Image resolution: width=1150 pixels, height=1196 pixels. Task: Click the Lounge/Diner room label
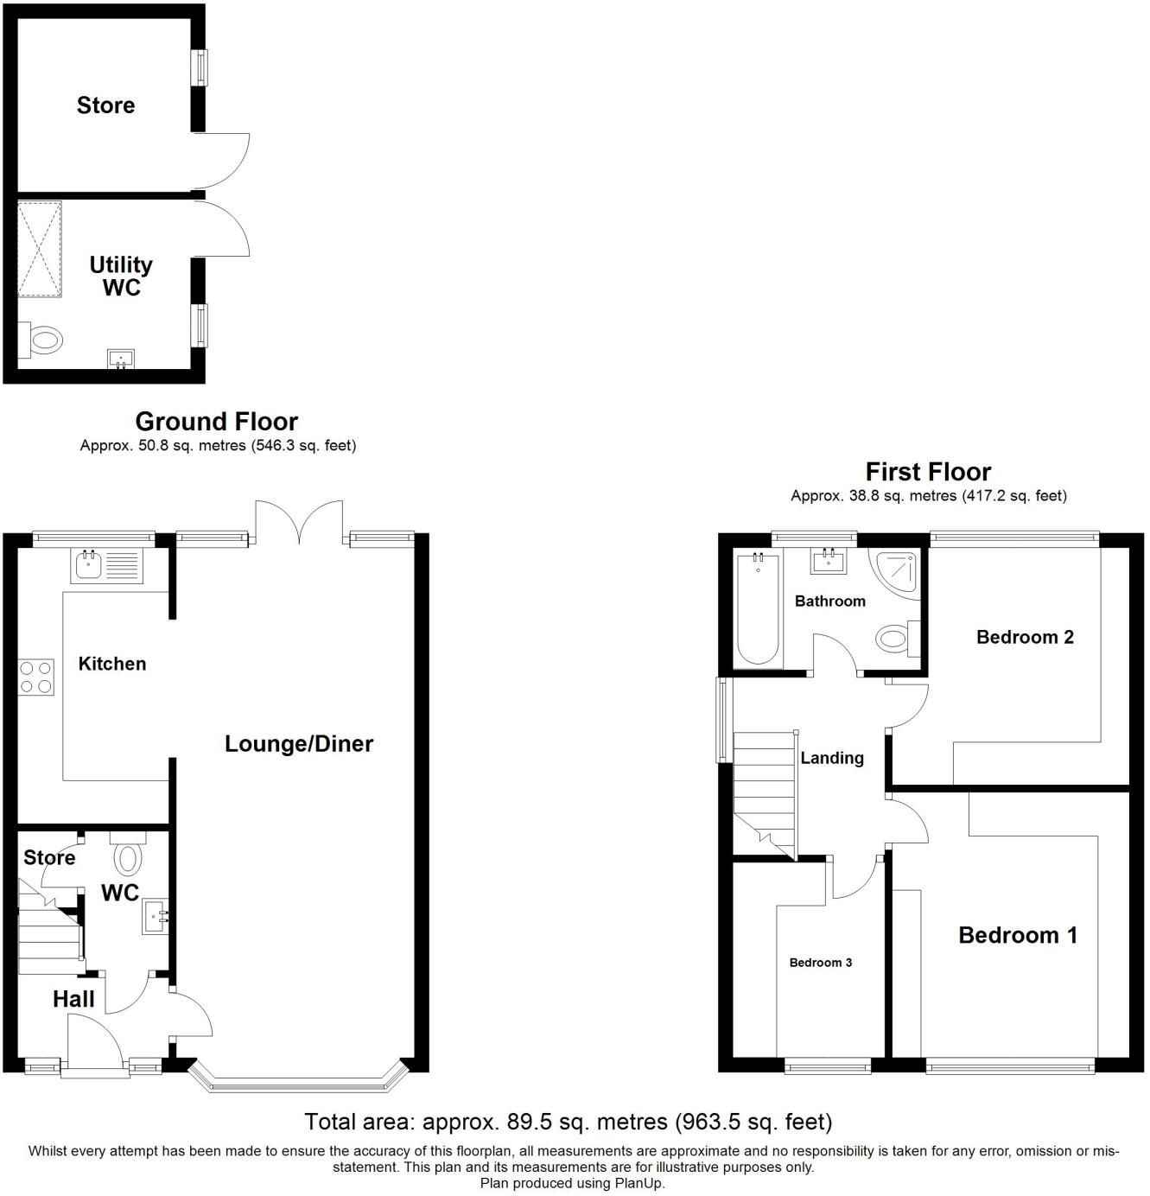coord(299,744)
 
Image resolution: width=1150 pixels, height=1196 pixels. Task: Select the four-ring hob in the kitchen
coord(36,677)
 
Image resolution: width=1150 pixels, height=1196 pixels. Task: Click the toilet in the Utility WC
coord(43,340)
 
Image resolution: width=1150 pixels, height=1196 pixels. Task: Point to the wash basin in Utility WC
coord(121,358)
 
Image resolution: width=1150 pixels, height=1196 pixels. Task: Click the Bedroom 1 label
coord(1018,935)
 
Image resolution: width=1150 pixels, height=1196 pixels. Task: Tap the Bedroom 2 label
coord(1025,637)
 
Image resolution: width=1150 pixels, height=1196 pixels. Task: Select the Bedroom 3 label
coord(821,963)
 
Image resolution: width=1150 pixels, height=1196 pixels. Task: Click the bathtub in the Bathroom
coord(758,610)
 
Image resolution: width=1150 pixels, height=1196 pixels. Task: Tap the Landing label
coord(832,758)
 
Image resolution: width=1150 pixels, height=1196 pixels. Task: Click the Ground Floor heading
coord(217,422)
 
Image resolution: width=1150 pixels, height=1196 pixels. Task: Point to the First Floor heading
coord(928,472)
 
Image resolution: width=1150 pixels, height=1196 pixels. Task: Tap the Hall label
coord(73,1000)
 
